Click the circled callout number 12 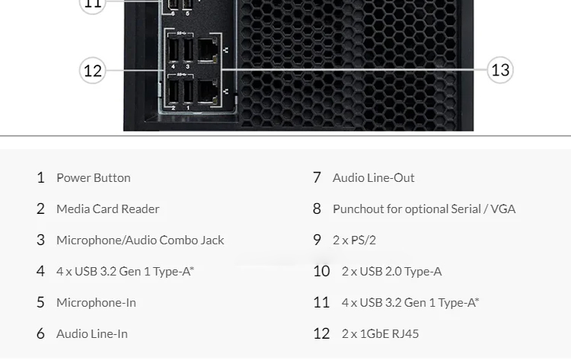[92, 70]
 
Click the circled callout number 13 [500, 69]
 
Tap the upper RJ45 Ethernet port [208, 50]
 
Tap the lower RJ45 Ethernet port [208, 92]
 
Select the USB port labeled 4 [174, 50]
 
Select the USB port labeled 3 [188, 50]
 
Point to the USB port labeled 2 [174, 91]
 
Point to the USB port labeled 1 [188, 91]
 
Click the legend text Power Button [93, 177]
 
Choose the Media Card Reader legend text [108, 209]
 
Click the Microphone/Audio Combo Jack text [140, 241]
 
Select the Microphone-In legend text [96, 302]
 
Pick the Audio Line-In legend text [92, 334]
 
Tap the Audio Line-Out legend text [373, 177]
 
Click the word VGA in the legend [503, 209]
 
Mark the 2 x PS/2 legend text [354, 241]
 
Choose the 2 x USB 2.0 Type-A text [391, 271]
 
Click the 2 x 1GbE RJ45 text [380, 334]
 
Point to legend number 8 [317, 209]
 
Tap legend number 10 [321, 271]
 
